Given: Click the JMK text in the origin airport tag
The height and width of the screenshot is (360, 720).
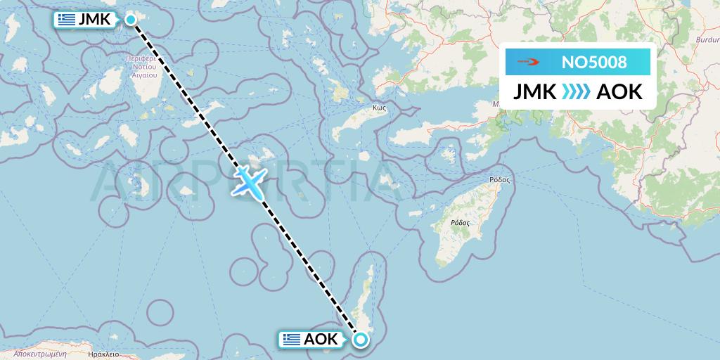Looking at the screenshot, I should point(95,20).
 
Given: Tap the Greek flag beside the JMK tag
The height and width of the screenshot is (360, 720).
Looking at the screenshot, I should point(67,20).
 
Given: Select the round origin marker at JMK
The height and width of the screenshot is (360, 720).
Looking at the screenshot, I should point(131,19).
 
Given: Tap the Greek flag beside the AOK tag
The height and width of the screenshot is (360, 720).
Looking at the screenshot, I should point(292,340).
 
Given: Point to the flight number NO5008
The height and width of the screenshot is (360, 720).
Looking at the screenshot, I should point(594,63).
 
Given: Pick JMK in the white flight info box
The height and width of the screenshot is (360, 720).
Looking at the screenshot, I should point(536,91).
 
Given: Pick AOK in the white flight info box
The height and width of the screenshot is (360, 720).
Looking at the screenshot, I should point(619,91).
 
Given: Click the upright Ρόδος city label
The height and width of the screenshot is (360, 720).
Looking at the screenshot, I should point(499,180).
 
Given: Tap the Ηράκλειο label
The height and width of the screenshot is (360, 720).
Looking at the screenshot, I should point(102,355).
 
